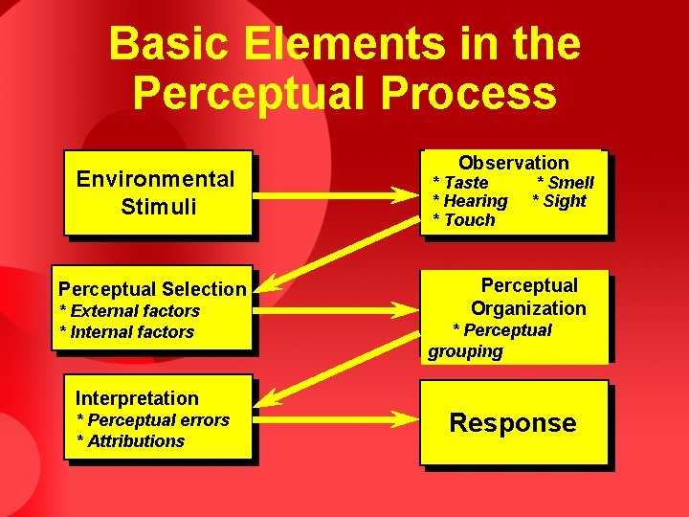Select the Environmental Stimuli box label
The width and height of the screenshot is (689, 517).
coord(156,191)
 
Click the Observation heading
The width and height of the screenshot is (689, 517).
coord(513,163)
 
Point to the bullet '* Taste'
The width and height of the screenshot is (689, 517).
coord(461,182)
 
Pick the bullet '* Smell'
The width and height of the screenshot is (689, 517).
coord(565,182)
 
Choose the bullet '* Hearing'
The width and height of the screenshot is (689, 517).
coord(471,201)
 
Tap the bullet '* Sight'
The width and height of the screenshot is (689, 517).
coord(559,201)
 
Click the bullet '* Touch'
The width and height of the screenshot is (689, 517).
coord(464,220)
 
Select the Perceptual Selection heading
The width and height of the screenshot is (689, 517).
coord(152,288)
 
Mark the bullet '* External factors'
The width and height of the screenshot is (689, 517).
coord(129,310)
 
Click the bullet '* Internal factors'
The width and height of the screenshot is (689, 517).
coord(126,332)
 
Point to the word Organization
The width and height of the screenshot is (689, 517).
coord(528,308)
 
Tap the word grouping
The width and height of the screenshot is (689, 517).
coord(465,351)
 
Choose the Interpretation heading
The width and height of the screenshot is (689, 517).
coord(137,398)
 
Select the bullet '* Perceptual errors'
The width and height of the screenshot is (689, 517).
coord(153,419)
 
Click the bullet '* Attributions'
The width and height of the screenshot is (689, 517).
coord(130,440)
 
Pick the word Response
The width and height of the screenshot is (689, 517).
coord(513,423)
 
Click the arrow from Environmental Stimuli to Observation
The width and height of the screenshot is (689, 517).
coord(335,197)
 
